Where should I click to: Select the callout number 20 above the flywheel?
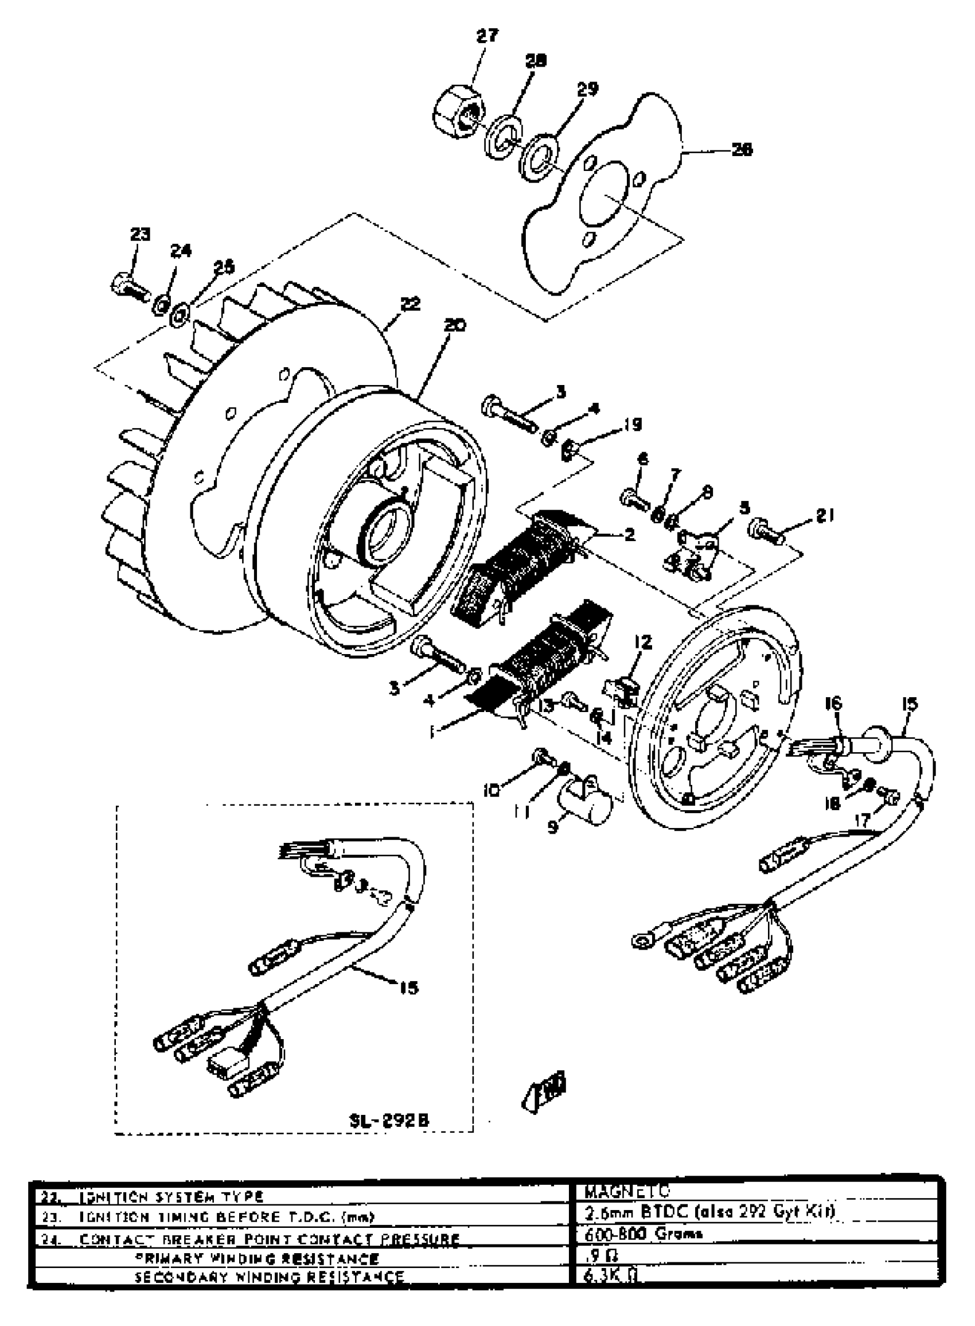(x=454, y=325)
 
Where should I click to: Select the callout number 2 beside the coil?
(x=629, y=535)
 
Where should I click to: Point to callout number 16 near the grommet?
(x=833, y=703)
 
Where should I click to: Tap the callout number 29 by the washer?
(x=587, y=88)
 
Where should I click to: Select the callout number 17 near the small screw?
(x=862, y=819)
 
